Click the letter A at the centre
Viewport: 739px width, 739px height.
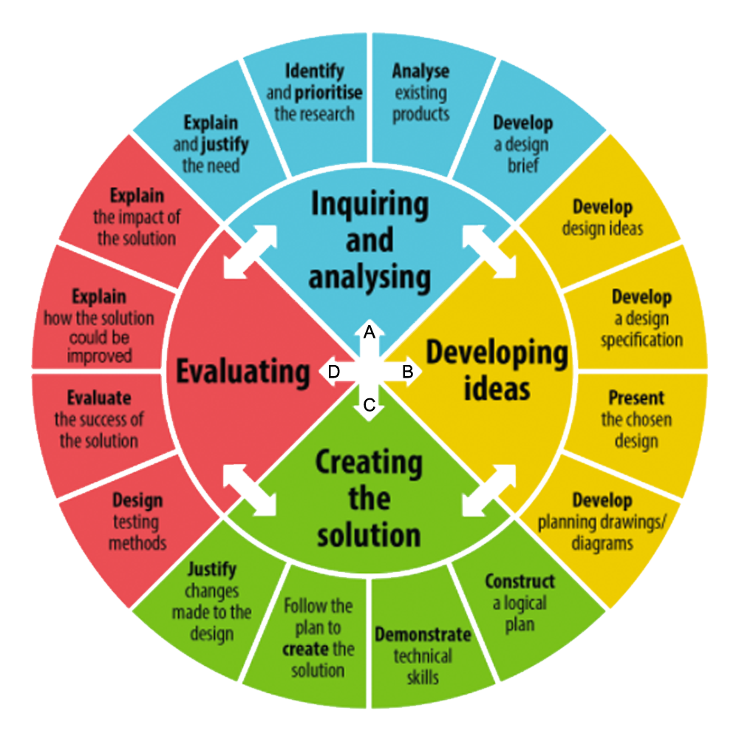pos(369,333)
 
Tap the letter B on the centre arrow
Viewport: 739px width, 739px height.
pos(408,372)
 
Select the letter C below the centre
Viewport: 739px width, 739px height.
pos(369,404)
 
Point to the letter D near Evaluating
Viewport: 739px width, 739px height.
pos(334,372)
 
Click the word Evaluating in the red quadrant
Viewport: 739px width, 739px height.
pos(243,372)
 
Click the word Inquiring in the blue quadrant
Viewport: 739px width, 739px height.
pos(370,205)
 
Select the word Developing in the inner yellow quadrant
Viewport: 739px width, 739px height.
pos(497,353)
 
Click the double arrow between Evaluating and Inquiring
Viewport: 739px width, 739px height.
pos(250,252)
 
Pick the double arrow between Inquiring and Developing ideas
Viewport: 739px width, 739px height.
pos(489,252)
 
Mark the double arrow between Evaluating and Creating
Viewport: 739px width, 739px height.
pos(250,490)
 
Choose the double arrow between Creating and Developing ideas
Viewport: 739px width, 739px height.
pos(489,490)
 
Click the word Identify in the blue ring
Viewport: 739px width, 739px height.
pos(314,71)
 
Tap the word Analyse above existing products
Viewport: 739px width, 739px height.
pos(421,71)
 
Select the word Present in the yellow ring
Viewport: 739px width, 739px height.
pos(636,398)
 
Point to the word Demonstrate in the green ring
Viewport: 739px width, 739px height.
pos(423,634)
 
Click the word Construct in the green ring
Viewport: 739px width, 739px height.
pos(520,581)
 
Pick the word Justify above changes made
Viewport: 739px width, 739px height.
pos(212,569)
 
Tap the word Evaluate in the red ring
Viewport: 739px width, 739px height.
pos(99,398)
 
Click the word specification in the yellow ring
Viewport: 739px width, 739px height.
pos(641,340)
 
